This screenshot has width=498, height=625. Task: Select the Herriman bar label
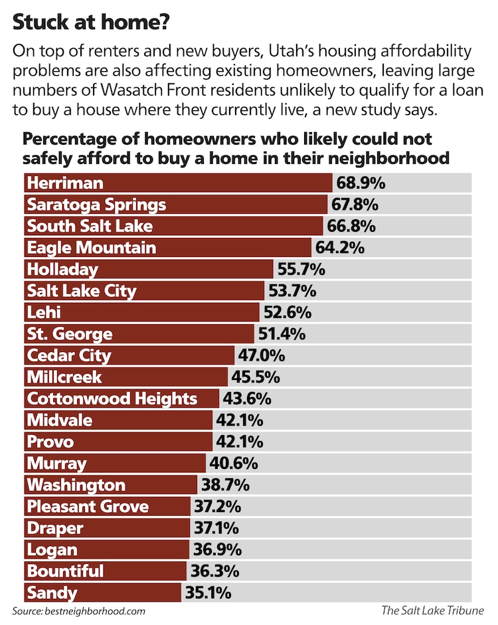[x=65, y=183]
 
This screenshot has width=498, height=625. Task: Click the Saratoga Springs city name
[x=96, y=205]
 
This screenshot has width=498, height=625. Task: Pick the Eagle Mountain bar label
[x=92, y=248]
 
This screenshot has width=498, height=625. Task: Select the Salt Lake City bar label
[x=82, y=291]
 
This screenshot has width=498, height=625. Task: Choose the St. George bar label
[x=70, y=334]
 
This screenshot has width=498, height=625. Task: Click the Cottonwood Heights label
[x=112, y=399]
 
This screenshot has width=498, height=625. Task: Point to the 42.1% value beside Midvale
[x=240, y=420]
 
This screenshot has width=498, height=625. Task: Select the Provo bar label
[x=50, y=442]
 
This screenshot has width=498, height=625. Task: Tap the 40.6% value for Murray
[x=233, y=463]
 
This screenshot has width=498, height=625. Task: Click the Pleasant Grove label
[x=88, y=507]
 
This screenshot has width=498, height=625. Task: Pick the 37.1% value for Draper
[x=217, y=528]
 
